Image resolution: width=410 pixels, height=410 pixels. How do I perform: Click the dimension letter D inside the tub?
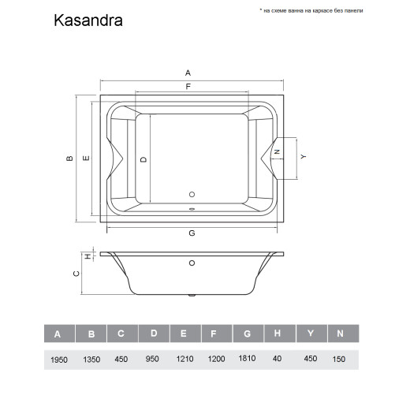tap(143, 158)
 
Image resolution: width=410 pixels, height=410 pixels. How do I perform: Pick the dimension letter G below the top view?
tap(192, 233)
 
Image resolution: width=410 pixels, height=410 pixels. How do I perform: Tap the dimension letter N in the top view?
tap(277, 151)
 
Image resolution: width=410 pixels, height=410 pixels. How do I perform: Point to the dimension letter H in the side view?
tap(88, 255)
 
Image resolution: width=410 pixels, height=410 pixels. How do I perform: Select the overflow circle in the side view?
tap(191, 265)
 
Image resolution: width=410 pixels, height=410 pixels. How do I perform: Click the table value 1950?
tap(58, 359)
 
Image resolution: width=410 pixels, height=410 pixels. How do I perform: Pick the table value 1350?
tap(91, 359)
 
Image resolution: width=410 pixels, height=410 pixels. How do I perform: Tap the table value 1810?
tap(246, 359)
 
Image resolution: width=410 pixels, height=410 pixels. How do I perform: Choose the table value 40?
tap(278, 359)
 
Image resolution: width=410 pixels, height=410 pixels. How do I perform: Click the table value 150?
tap(340, 359)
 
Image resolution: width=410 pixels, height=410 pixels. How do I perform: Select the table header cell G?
tap(246, 334)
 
